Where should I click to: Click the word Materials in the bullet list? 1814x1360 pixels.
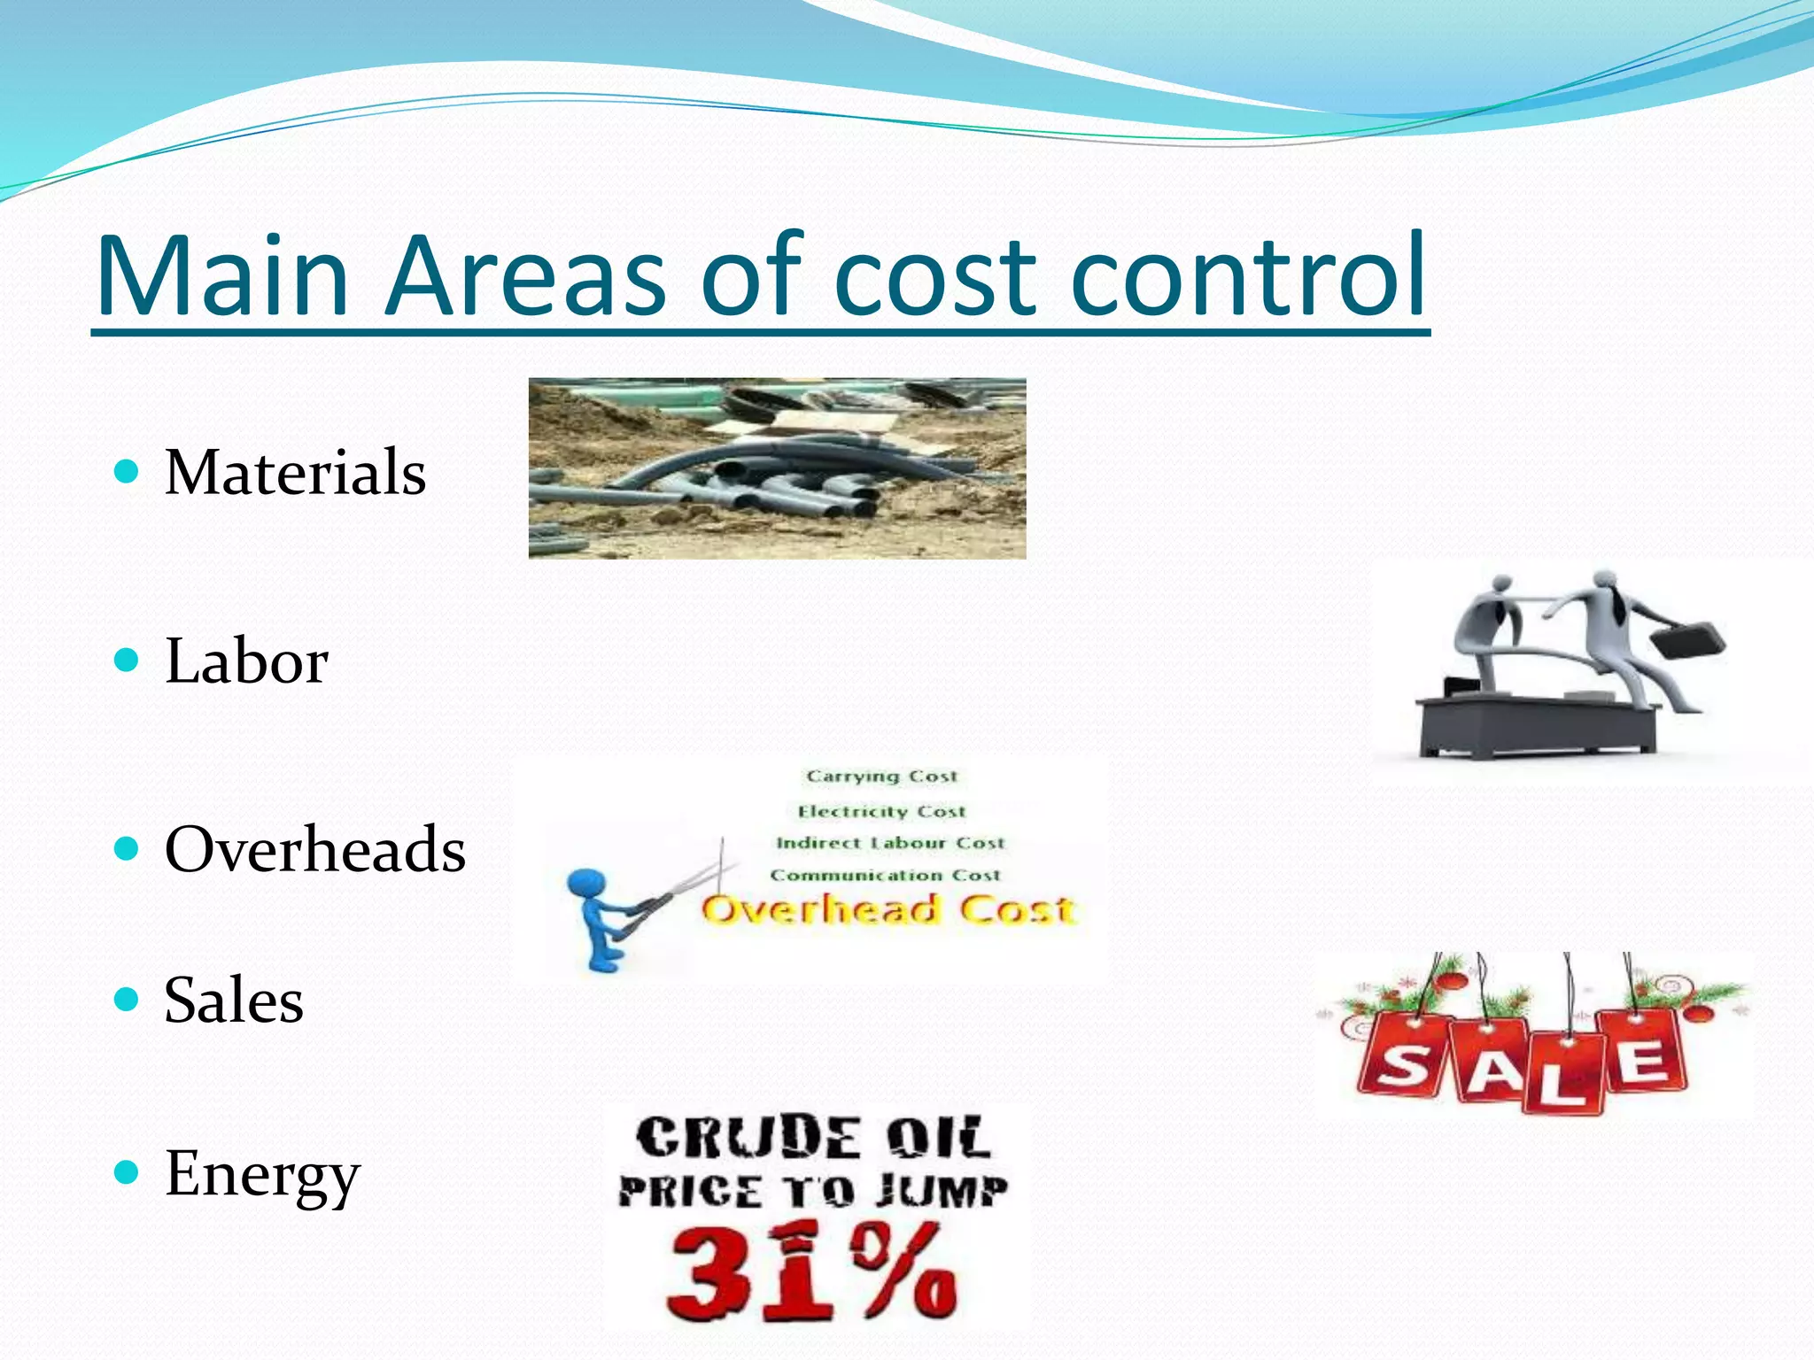click(295, 472)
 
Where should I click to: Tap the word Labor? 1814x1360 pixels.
click(246, 661)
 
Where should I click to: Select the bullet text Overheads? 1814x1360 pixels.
click(314, 849)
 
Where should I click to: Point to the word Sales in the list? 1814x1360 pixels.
click(234, 1001)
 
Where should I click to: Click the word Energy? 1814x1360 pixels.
click(262, 1174)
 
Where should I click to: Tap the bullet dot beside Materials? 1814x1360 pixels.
click(128, 471)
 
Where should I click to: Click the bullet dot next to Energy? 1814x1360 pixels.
click(128, 1173)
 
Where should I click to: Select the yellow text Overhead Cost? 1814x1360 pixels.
click(888, 910)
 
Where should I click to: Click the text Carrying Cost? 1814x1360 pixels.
click(881, 777)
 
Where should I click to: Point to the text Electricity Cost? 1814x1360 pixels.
click(881, 811)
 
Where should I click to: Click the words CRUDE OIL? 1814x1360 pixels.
click(812, 1138)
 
